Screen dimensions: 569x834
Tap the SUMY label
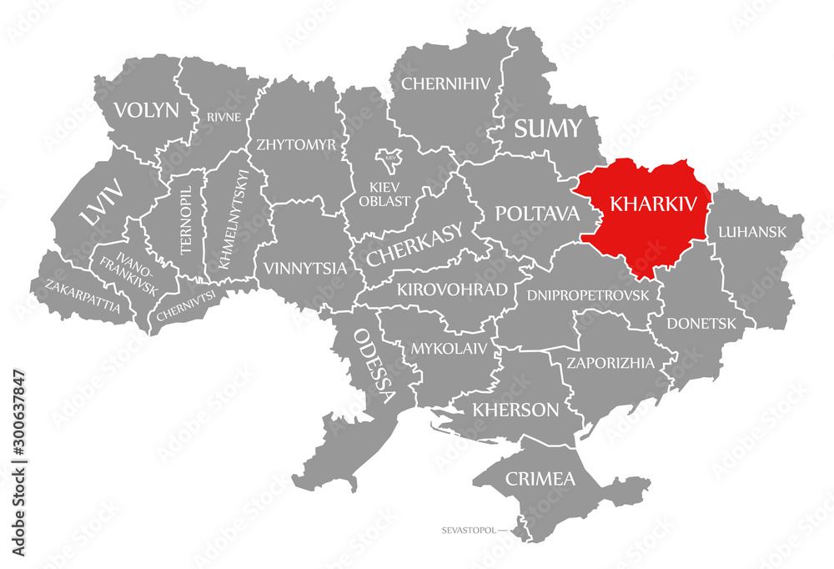(547, 128)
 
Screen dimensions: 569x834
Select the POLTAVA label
(537, 213)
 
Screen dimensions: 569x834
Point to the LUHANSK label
(752, 232)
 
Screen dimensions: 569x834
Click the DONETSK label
(701, 323)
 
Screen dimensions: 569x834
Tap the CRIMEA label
(540, 479)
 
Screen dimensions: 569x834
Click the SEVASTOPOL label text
(470, 530)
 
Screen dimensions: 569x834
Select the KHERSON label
(515, 410)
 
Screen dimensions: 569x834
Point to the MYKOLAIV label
(448, 348)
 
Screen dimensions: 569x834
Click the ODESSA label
(375, 364)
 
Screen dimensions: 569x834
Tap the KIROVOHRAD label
(452, 290)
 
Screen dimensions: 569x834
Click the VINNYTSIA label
(304, 269)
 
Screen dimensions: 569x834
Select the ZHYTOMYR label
(297, 144)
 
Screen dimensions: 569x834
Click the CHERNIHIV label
(446, 83)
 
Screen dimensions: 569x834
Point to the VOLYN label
(147, 109)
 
